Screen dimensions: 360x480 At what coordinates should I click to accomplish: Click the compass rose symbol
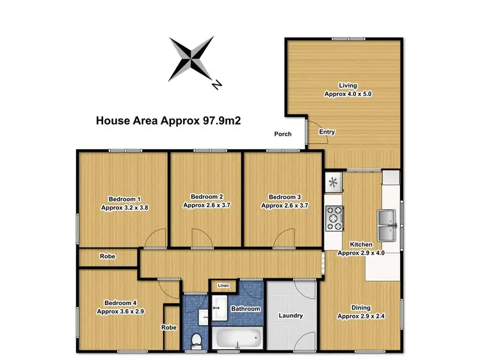point(192,60)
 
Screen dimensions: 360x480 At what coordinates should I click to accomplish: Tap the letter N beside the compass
point(217,83)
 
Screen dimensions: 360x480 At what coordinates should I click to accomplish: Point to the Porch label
point(283,134)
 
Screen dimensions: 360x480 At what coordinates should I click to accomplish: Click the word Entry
point(327,132)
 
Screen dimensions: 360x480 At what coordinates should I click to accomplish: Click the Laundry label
point(291,316)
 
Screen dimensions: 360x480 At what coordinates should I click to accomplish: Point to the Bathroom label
point(246,309)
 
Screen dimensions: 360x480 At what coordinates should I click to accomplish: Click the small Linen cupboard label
point(223,285)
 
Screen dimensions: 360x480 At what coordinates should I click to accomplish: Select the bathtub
point(237,337)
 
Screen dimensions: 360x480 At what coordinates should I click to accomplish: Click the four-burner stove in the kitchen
point(334,218)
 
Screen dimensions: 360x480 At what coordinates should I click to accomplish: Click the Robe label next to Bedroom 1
point(107,256)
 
